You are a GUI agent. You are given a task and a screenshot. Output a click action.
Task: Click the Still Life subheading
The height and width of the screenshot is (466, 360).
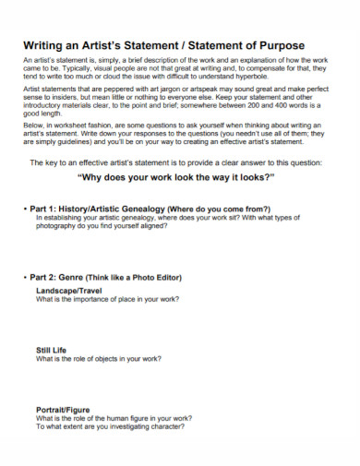tap(52, 350)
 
